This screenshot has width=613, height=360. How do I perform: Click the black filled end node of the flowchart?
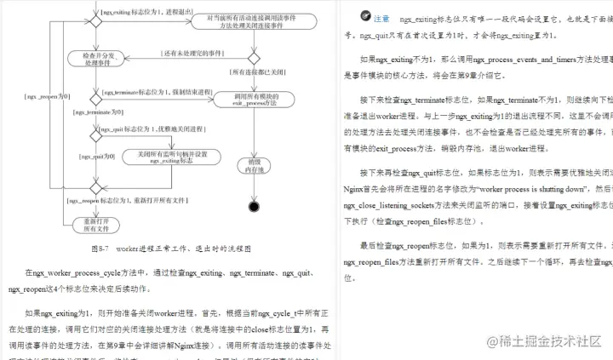pyautogui.click(x=253, y=206)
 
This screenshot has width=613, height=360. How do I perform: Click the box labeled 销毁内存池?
pyautogui.click(x=253, y=164)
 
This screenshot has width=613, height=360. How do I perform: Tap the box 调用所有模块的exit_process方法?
pyautogui.click(x=251, y=99)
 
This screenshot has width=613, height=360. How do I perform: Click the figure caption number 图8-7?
pyautogui.click(x=101, y=249)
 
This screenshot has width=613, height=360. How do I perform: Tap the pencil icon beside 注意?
pyautogui.click(x=364, y=16)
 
